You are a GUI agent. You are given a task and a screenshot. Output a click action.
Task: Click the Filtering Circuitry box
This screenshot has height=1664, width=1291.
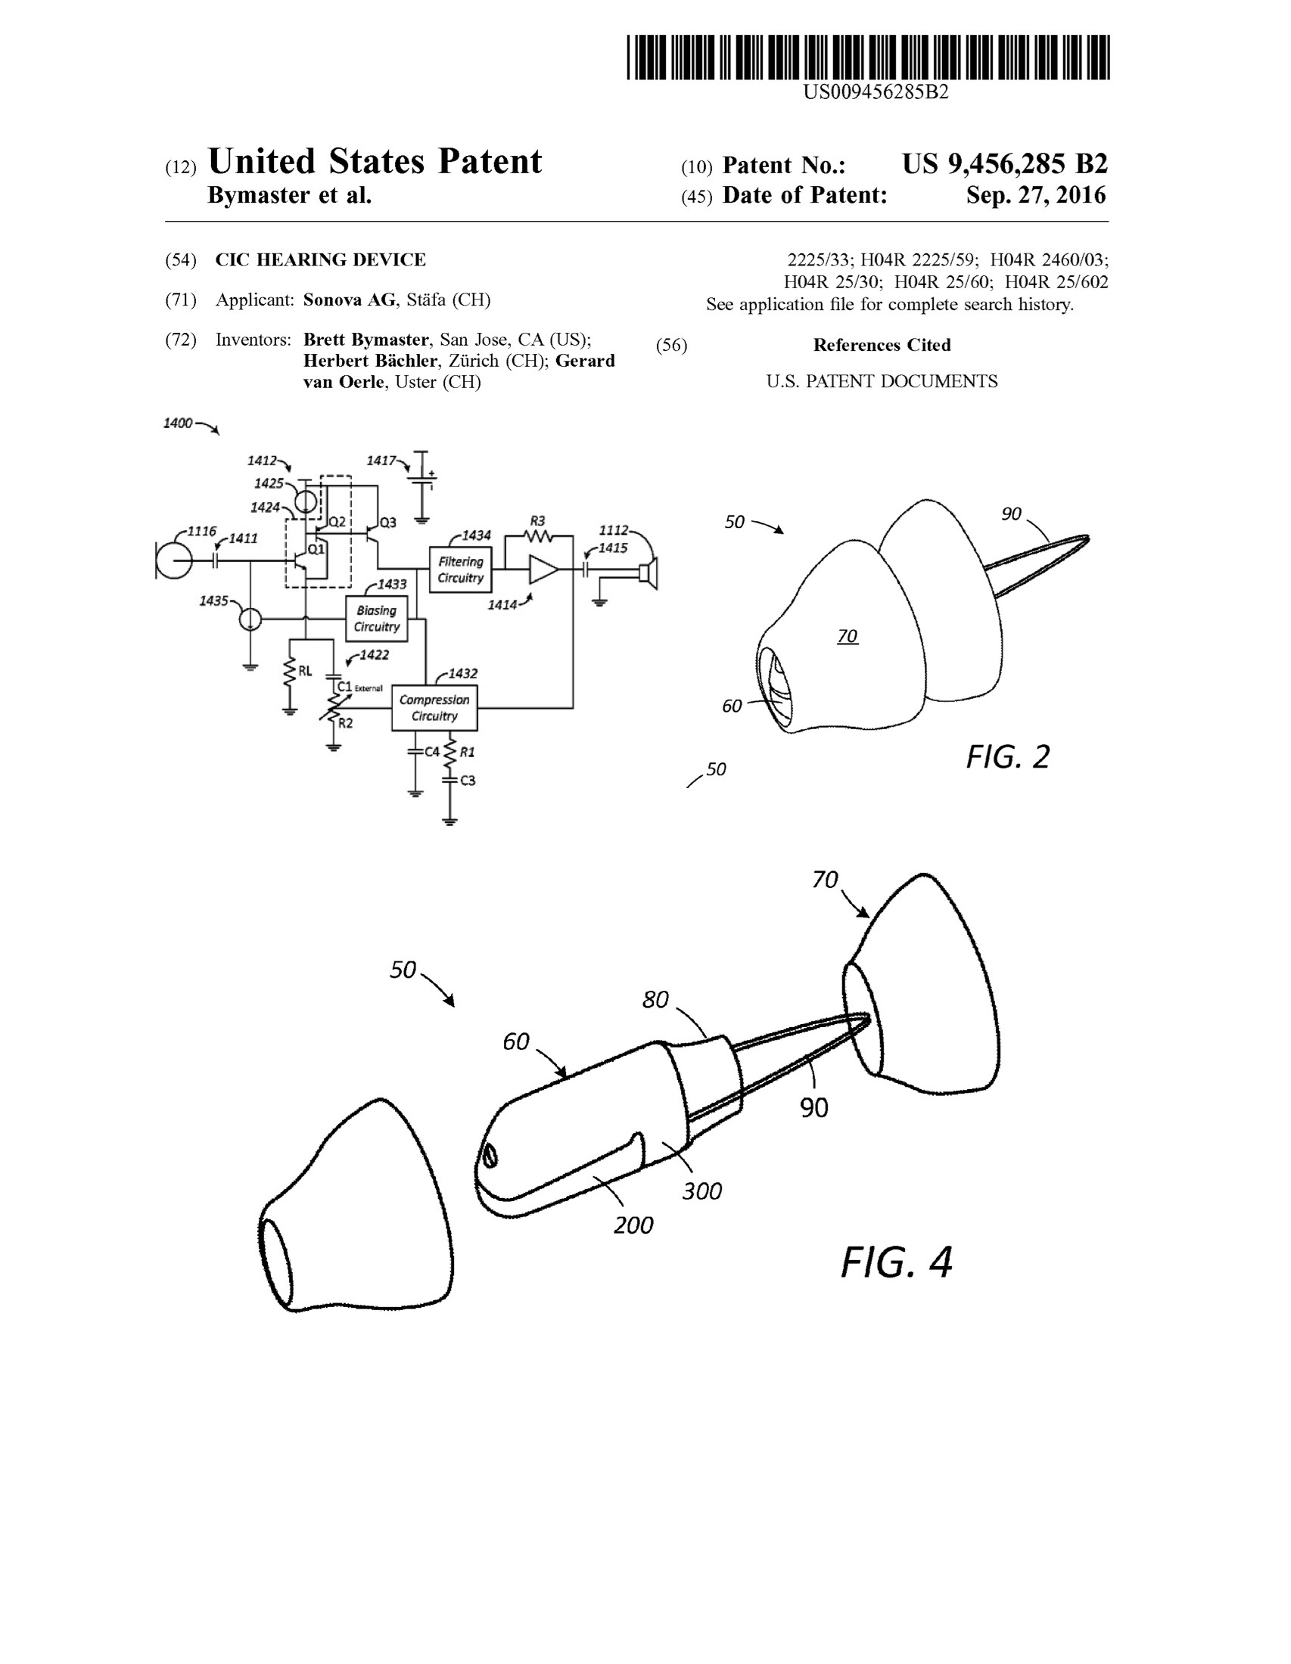460,569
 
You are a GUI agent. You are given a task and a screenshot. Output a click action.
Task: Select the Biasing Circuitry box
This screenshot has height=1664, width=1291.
376,619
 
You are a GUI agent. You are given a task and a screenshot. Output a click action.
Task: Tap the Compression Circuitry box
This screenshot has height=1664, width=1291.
434,708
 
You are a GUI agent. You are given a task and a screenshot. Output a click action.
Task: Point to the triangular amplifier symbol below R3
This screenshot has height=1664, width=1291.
543,569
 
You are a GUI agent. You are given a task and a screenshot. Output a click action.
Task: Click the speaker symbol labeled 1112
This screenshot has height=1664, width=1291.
649,573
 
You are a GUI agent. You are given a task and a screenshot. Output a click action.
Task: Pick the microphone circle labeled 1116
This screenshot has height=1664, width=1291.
175,561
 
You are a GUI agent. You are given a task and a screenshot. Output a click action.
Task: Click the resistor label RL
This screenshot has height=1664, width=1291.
305,670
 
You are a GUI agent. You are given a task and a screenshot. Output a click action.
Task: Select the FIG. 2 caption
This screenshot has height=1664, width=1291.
1007,756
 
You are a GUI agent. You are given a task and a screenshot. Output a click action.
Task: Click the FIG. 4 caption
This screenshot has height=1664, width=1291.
896,1262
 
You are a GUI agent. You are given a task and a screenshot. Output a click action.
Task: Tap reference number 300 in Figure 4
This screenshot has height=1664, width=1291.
701,1191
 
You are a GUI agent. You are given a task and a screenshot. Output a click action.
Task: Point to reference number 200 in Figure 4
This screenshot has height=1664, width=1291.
633,1225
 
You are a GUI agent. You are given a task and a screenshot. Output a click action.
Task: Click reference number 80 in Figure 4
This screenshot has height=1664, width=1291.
655,1000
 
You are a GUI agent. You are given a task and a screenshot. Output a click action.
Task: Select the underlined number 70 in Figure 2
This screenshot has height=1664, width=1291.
848,635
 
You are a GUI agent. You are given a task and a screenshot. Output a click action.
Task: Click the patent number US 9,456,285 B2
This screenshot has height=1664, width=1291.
1004,164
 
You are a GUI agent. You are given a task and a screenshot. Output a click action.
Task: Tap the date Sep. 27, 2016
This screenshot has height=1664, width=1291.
1035,195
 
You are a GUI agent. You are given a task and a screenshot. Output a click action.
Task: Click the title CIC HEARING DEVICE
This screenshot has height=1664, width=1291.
320,259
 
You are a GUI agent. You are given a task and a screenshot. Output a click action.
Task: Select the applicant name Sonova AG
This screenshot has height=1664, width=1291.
349,300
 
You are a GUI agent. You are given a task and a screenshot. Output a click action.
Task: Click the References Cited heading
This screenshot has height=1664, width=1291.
882,345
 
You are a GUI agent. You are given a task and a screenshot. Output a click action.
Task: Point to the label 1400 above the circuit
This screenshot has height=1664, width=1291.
178,423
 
